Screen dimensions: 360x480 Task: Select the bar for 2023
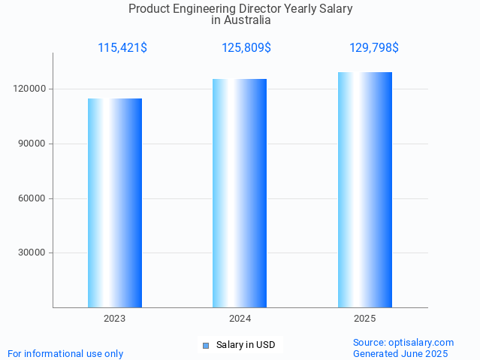click(x=115, y=203)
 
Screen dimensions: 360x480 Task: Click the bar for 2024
click(x=240, y=193)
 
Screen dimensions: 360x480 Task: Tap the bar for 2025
click(x=365, y=189)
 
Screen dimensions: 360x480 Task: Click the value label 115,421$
click(x=122, y=48)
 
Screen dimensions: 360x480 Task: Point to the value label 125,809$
click(x=246, y=48)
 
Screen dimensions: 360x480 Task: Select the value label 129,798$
click(x=374, y=48)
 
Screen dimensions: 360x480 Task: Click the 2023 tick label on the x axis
click(x=115, y=319)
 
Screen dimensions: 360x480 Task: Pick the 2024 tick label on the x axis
click(x=240, y=319)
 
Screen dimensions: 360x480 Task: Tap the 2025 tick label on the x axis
click(x=365, y=319)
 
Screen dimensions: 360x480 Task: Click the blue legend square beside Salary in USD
click(x=206, y=346)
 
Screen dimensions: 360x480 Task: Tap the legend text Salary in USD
click(x=246, y=346)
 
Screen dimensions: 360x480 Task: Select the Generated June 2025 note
click(x=400, y=354)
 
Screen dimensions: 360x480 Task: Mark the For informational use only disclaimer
click(x=65, y=354)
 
